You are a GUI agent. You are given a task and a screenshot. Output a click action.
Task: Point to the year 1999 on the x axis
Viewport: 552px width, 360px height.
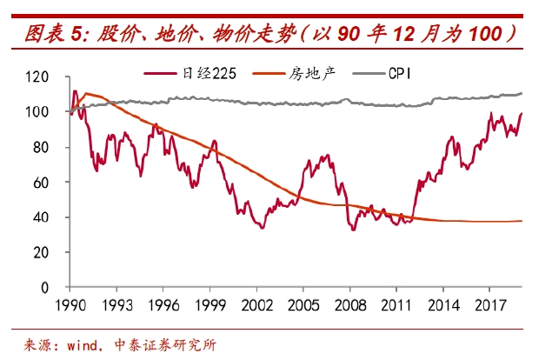211,305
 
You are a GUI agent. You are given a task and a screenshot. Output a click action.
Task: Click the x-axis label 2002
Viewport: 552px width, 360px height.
257,305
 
